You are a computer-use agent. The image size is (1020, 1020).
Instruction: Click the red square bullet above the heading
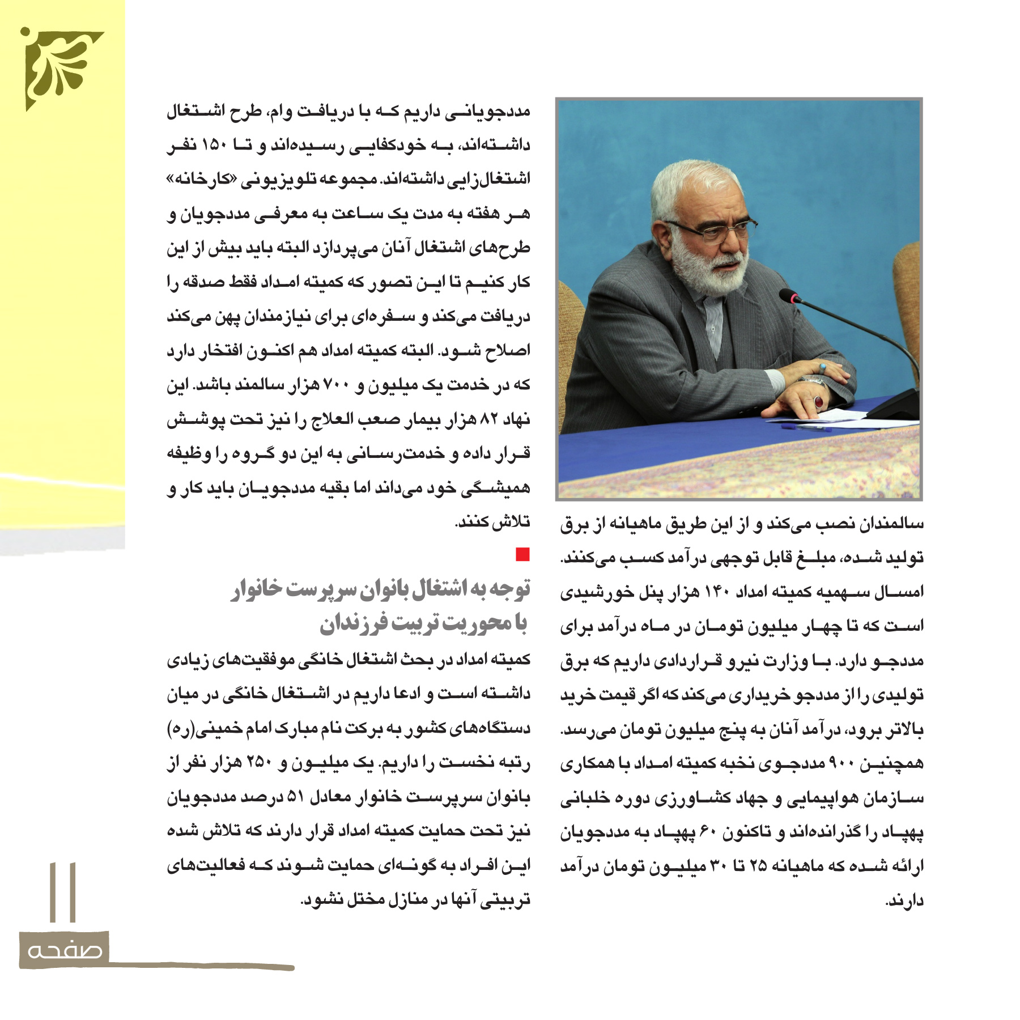[x=522, y=554]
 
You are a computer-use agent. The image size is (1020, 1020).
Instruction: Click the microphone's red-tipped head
[x=789, y=296]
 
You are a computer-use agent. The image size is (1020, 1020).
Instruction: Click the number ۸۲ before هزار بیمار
[x=488, y=420]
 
